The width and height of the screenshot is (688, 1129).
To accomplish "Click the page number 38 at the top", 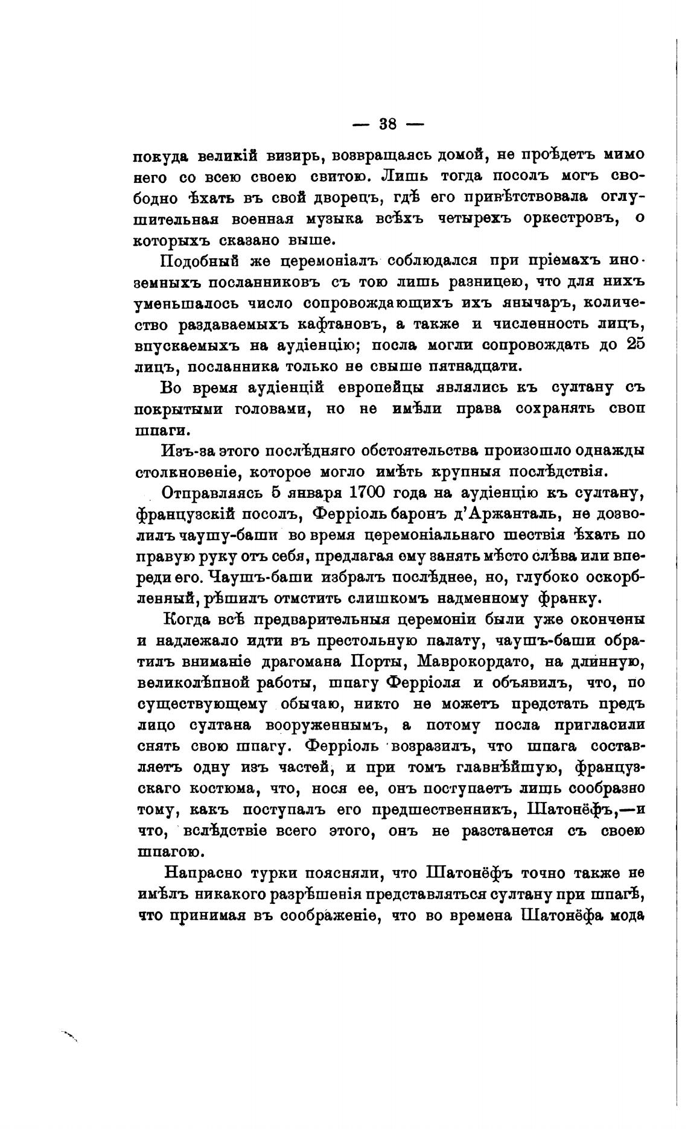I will (x=387, y=124).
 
